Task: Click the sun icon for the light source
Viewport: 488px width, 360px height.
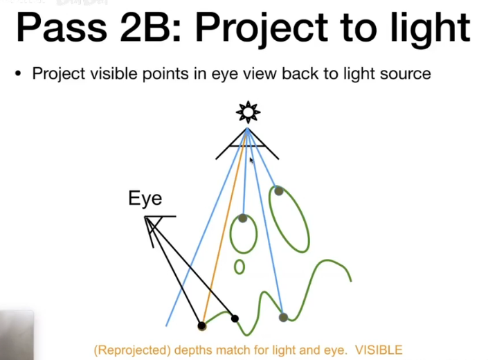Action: click(x=248, y=111)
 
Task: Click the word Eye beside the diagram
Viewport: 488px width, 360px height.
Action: click(x=145, y=198)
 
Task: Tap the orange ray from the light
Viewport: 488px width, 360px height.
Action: click(x=225, y=226)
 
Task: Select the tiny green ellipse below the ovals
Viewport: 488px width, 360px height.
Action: click(x=239, y=267)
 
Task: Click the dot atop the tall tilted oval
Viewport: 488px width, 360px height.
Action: click(x=278, y=191)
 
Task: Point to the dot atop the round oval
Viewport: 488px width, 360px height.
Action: click(x=243, y=218)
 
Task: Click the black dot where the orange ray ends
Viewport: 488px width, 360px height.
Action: click(x=201, y=326)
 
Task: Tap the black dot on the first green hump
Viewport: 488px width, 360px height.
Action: click(x=235, y=318)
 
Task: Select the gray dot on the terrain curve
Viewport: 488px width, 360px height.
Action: click(x=283, y=317)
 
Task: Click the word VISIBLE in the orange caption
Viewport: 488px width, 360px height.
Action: click(x=379, y=350)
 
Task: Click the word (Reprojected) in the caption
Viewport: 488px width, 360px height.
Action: click(x=132, y=350)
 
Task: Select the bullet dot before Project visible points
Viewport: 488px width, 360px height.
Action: click(x=19, y=74)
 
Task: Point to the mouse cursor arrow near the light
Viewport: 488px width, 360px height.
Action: click(x=251, y=160)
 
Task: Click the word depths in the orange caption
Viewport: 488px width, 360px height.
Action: click(x=193, y=350)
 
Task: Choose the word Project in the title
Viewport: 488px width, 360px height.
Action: click(x=262, y=29)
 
